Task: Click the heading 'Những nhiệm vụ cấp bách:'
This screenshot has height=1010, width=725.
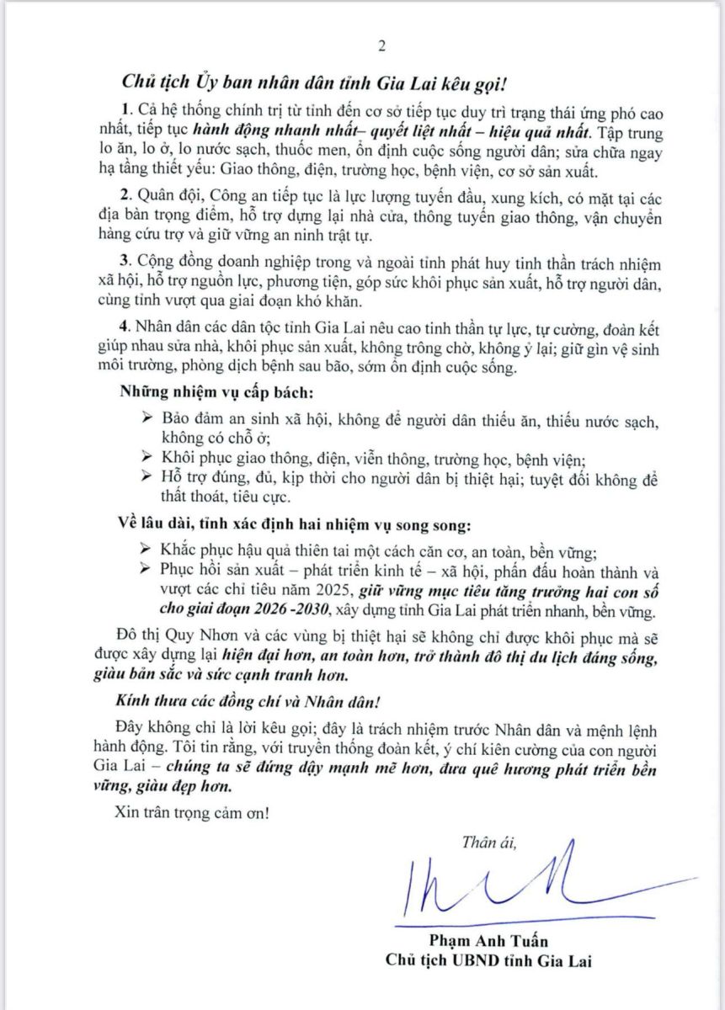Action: pyautogui.click(x=195, y=394)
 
